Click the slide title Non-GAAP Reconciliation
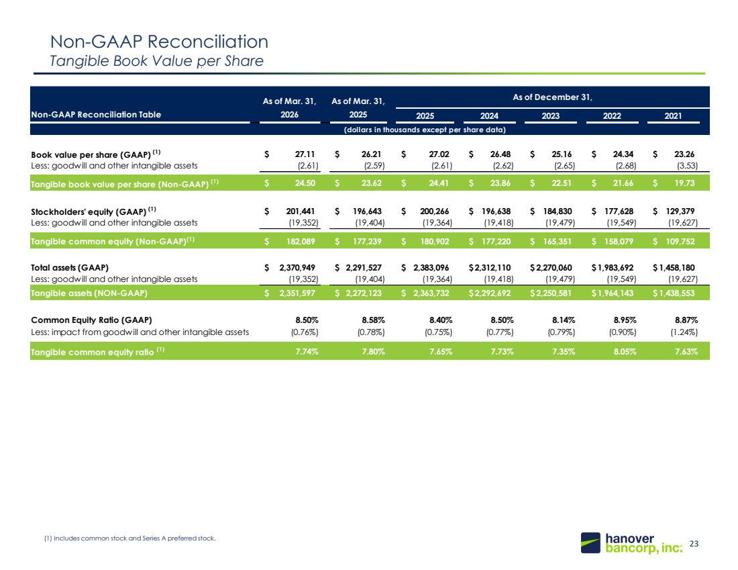click(159, 42)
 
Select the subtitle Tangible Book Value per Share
click(156, 61)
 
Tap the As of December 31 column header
click(552, 97)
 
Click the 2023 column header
click(550, 116)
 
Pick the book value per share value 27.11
click(305, 154)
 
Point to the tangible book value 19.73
click(684, 183)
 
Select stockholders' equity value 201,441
click(301, 211)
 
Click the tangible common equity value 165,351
click(558, 242)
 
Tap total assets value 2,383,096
click(431, 268)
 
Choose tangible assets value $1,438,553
click(674, 293)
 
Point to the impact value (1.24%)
click(684, 332)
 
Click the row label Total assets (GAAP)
click(70, 268)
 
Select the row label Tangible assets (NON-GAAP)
click(89, 293)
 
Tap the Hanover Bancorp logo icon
click(590, 542)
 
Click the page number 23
click(694, 544)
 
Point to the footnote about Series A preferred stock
click(130, 538)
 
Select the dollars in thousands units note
click(425, 130)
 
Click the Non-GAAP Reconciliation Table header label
click(96, 115)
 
